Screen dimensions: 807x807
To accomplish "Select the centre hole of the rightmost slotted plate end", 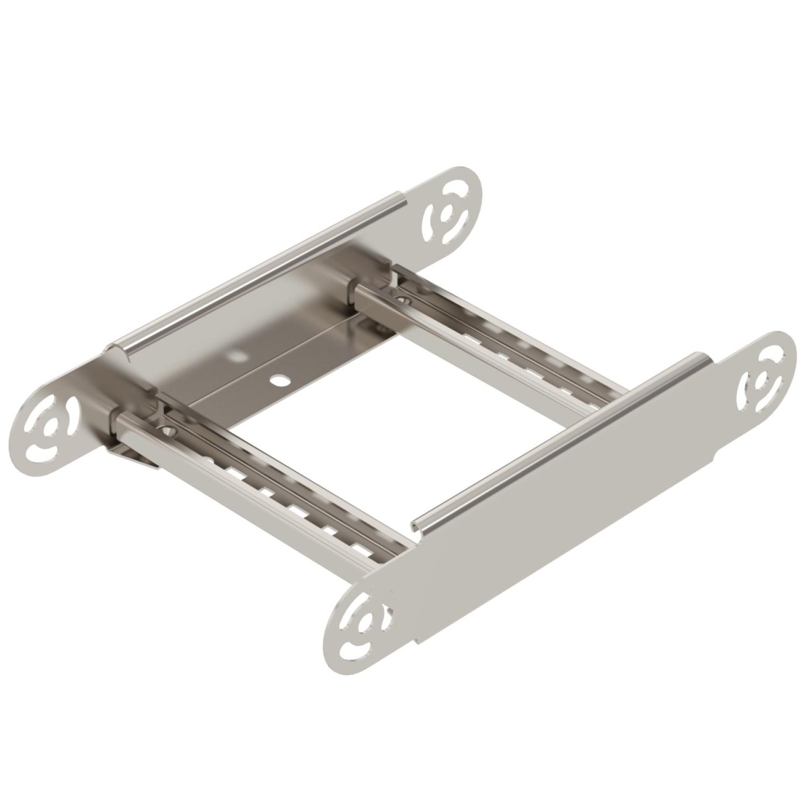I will click(761, 384).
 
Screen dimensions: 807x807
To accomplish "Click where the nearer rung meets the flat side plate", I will click(397, 551).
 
